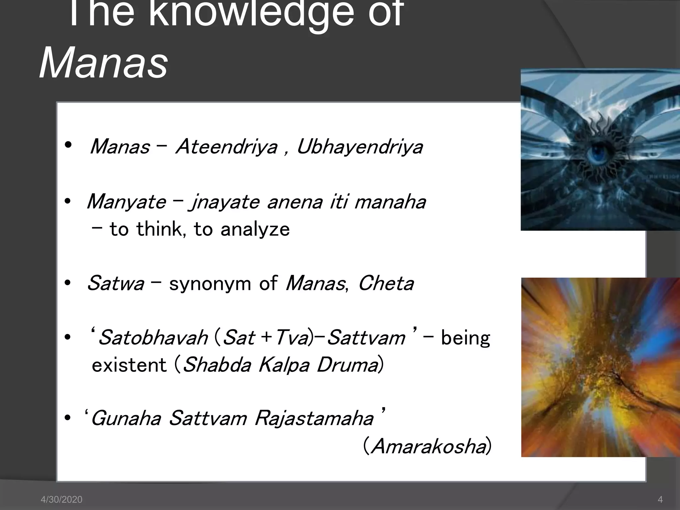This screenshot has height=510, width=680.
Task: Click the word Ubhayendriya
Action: pos(360,147)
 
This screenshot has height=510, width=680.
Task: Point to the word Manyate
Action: pos(126,202)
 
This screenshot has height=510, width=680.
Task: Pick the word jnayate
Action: pos(224,202)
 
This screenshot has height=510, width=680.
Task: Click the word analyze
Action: pos(255,229)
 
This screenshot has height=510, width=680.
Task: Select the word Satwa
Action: pos(116,284)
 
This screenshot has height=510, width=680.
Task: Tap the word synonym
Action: pos(210,284)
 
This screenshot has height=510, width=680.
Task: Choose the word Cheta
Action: pos(386,284)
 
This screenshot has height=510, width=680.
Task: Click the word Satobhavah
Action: pos(153,338)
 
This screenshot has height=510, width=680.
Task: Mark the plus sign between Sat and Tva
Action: pos(266,338)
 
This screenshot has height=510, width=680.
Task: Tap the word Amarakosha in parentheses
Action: pos(428,446)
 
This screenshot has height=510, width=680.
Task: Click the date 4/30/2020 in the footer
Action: pos(61,499)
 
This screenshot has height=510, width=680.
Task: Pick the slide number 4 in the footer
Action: pos(660,499)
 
